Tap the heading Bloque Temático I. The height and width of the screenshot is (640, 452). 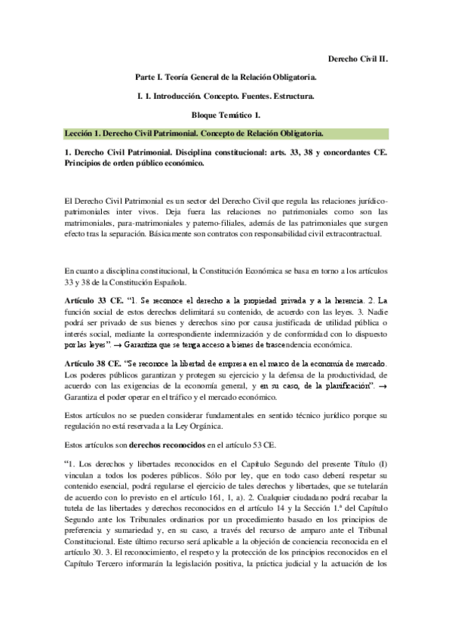click(x=226, y=115)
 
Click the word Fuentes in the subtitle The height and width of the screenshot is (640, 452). click(x=254, y=96)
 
